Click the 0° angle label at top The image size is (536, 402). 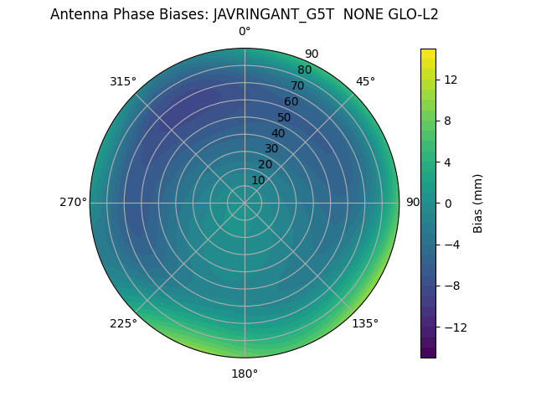245,32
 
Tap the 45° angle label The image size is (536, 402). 366,81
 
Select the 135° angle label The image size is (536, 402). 365,323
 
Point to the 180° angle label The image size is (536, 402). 245,374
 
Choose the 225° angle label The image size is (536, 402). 123,323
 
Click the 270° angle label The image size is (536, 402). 73,202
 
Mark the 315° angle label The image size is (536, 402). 123,81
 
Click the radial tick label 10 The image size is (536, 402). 258,180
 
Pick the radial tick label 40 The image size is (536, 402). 278,133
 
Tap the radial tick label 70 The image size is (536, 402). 297,85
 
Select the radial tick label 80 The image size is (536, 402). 304,70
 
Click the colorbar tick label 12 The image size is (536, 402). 450,80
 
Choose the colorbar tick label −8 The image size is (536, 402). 450,286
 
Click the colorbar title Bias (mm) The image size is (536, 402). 478,203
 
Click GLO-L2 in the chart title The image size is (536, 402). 413,14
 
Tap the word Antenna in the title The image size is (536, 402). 78,14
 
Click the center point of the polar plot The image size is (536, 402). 245,203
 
